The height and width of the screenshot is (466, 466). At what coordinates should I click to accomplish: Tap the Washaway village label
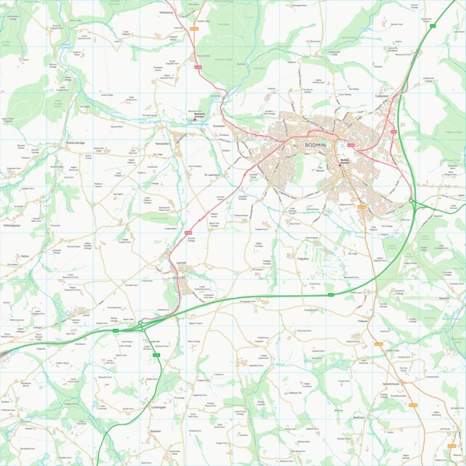click(166, 13)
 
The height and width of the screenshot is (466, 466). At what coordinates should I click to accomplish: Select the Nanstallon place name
click(162, 144)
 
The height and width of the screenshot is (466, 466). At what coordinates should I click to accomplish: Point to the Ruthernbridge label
click(76, 143)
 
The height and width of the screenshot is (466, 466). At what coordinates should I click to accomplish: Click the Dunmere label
click(220, 126)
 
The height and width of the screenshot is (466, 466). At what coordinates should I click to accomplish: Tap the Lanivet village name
click(182, 261)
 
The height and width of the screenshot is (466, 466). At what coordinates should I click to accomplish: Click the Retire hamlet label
click(25, 257)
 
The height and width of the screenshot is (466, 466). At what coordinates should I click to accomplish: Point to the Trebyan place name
click(363, 321)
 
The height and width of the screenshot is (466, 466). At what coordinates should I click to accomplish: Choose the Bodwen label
click(155, 431)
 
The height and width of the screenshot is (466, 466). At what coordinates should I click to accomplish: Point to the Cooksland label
click(382, 95)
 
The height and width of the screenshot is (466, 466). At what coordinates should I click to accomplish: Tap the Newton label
click(444, 297)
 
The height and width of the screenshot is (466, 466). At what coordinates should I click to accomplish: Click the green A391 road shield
click(156, 355)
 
